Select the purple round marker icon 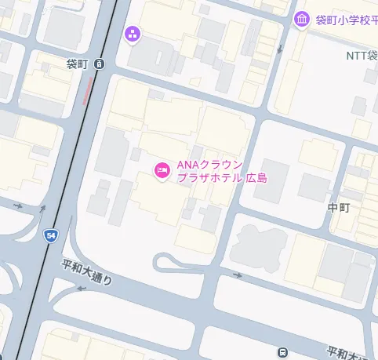click(x=132, y=33)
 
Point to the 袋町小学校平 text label click(x=345, y=20)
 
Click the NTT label click(x=362, y=56)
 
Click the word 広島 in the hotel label click(x=256, y=178)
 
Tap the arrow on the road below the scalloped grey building click(x=238, y=276)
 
